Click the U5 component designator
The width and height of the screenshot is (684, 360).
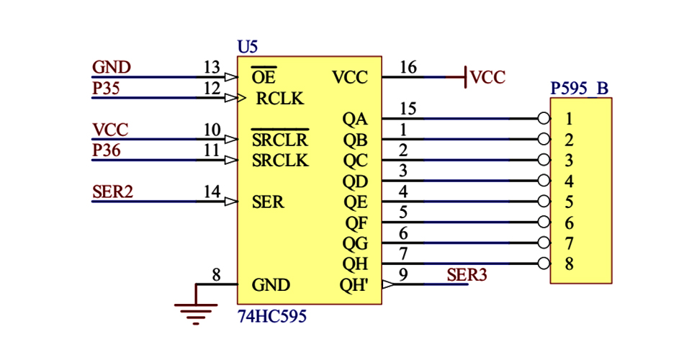click(247, 47)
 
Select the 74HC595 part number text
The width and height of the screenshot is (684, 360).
click(272, 315)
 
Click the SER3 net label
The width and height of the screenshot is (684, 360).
click(467, 274)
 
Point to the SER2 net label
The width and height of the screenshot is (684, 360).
click(112, 192)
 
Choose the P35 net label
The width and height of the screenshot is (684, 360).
click(106, 89)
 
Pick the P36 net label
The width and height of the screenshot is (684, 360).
click(106, 150)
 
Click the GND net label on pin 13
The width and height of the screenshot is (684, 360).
click(112, 68)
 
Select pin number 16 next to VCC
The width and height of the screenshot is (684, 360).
click(408, 68)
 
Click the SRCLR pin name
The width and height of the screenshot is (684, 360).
click(279, 140)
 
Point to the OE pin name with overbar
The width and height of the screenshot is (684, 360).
click(263, 77)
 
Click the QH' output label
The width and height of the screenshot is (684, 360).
click(354, 285)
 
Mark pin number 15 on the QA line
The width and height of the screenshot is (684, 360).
click(408, 109)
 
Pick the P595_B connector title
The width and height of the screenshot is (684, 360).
click(580, 89)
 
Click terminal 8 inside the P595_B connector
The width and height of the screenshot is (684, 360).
click(569, 264)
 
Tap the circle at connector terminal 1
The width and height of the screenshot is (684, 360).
click(544, 119)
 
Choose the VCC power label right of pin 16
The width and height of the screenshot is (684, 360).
click(487, 78)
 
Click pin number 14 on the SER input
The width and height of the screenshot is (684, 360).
click(212, 192)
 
